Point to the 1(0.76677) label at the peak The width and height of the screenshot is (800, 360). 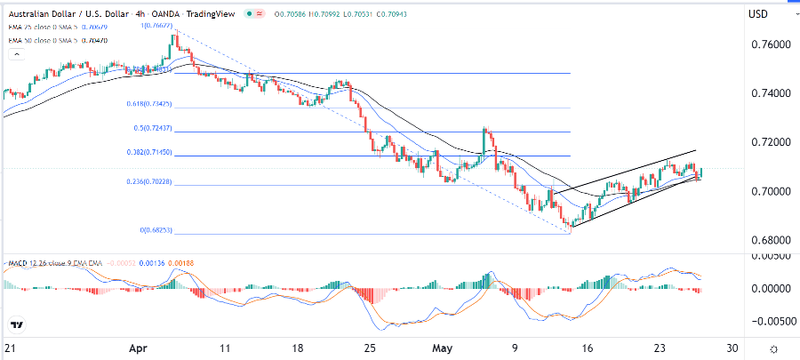pos(156,26)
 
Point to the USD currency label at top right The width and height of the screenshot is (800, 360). pos(758,13)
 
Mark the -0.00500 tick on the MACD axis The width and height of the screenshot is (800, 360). pos(770,322)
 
